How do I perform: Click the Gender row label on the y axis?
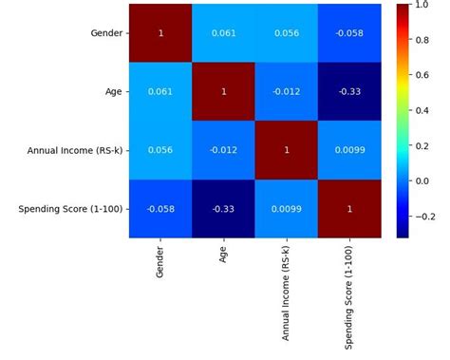click(105, 33)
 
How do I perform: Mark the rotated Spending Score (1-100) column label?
click(350, 290)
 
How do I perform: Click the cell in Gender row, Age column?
click(224, 33)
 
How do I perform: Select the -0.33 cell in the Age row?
click(350, 92)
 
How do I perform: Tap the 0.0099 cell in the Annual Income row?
click(350, 150)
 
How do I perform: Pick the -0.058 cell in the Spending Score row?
click(161, 209)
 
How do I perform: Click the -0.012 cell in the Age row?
click(288, 92)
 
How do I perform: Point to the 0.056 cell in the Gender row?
click(288, 33)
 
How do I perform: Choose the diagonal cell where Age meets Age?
click(224, 92)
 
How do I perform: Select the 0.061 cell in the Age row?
click(161, 92)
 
